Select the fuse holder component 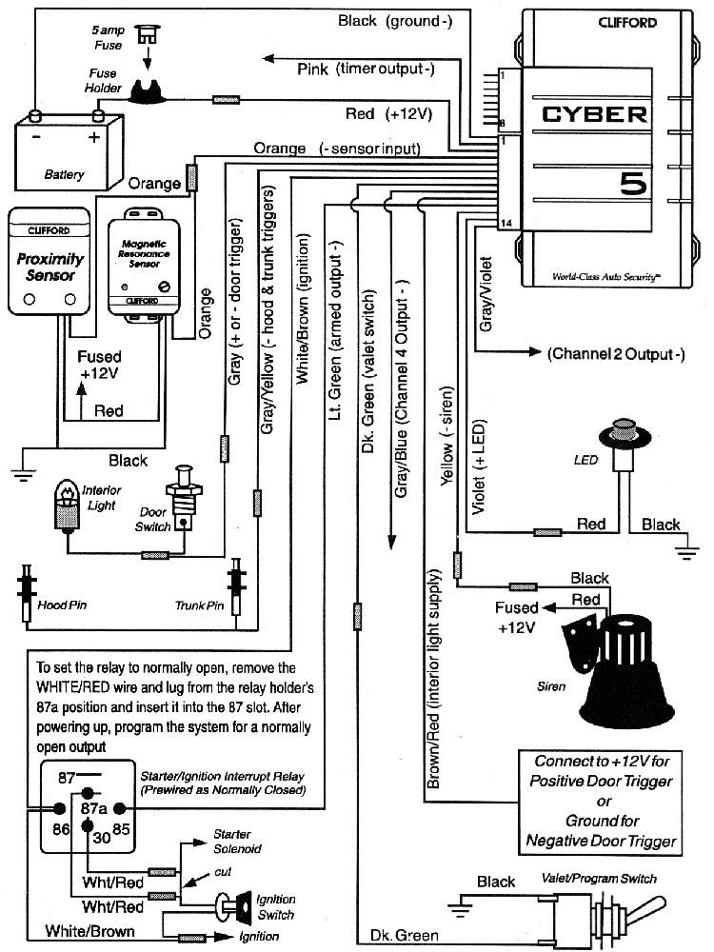(x=148, y=92)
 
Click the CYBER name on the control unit (x=594, y=116)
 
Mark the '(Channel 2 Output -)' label (x=615, y=354)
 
